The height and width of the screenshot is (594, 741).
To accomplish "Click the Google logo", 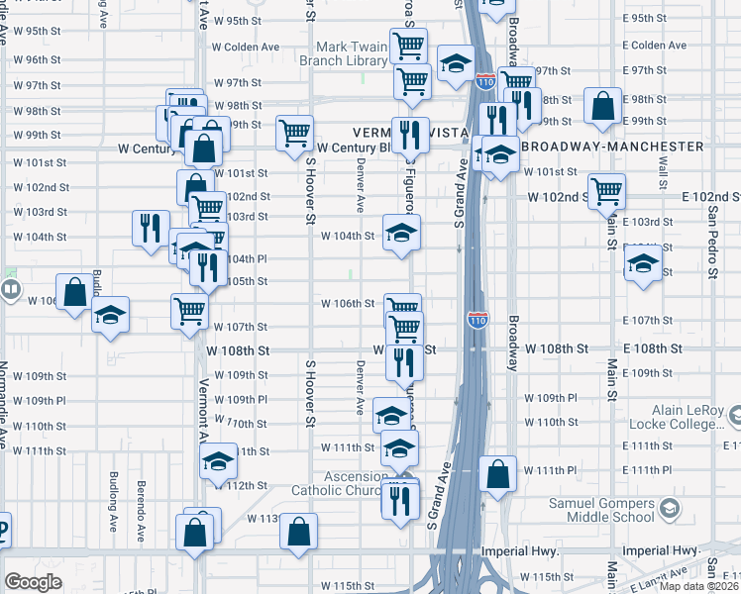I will point(33,583).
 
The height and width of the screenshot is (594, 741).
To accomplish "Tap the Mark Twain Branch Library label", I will point(352,53).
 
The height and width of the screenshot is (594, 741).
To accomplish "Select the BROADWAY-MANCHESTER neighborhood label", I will point(611,146).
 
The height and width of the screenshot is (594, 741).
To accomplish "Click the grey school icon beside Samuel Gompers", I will point(671,510).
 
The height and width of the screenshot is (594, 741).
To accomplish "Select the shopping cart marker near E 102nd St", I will point(607,190).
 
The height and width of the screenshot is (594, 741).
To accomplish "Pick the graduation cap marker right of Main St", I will point(643,264).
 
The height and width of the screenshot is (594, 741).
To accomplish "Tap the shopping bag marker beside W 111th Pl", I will point(497,473).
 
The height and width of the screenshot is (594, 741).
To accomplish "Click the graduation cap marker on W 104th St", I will point(401,234).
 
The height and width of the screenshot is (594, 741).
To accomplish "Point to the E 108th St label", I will point(654,349).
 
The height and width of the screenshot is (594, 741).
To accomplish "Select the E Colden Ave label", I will point(655,46).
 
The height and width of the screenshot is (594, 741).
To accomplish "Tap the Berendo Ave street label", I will point(141,501).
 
